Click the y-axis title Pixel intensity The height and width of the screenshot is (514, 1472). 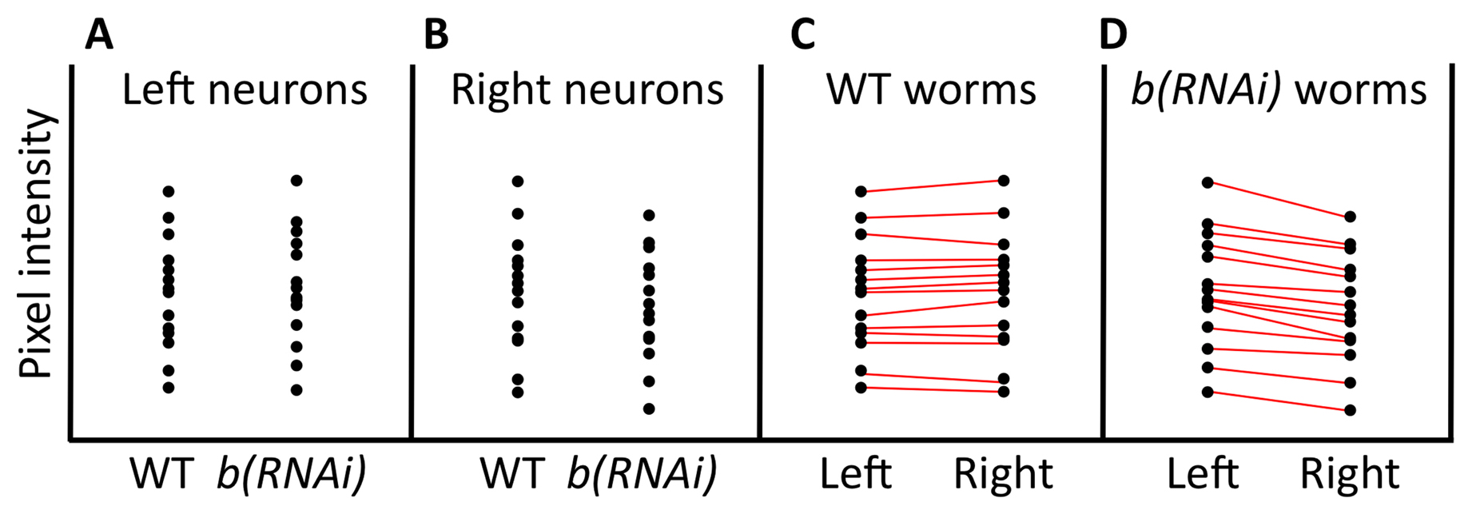(x=37, y=245)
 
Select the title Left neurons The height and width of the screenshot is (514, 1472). (x=245, y=90)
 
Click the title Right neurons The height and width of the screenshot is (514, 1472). (x=587, y=90)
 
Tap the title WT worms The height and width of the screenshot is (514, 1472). (x=932, y=90)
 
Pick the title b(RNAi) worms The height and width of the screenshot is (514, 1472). (x=1279, y=90)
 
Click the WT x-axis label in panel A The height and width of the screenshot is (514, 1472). (x=162, y=474)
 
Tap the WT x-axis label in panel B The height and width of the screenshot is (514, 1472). (x=512, y=474)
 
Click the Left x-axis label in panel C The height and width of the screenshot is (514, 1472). (x=856, y=474)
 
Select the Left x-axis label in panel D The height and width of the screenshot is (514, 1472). (x=1203, y=474)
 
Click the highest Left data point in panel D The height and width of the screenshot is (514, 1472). (x=1207, y=183)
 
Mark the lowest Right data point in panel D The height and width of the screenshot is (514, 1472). (x=1350, y=410)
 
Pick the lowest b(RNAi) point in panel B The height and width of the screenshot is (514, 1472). (x=649, y=408)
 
